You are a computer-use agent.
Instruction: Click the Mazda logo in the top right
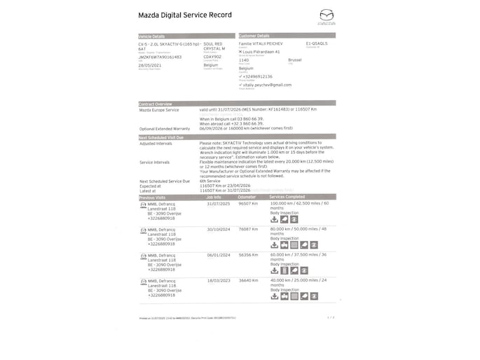point(327,18)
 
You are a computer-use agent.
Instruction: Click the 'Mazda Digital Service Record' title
point(185,15)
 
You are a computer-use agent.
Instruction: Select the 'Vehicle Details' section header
point(152,36)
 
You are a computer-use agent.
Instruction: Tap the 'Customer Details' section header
point(254,36)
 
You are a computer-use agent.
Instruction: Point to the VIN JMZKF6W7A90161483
point(160,57)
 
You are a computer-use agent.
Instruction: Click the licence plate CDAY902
point(212,57)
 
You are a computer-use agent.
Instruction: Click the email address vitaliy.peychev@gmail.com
point(267,84)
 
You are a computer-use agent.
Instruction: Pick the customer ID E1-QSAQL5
point(317,43)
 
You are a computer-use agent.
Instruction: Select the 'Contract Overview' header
point(156,104)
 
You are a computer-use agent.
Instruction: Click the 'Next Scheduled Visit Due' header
point(162,137)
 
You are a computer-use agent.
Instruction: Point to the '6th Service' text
point(210,181)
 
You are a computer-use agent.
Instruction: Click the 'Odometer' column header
point(247,198)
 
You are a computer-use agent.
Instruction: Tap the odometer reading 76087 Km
point(249,229)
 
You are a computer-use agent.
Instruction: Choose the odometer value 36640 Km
point(249,280)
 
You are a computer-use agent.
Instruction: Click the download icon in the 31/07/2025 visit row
point(274,219)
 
